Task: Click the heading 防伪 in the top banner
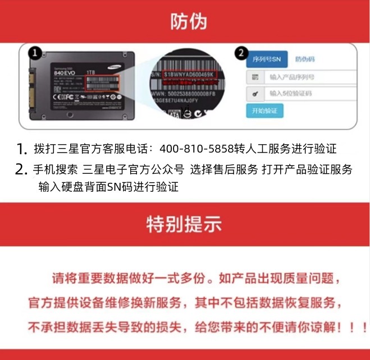[x=189, y=21]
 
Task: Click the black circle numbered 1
[x=35, y=53]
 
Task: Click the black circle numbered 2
[x=241, y=54]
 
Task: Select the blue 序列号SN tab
[x=267, y=58]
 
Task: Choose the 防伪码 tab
[x=305, y=58]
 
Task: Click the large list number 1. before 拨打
[x=21, y=150]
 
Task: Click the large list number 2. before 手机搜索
[x=21, y=169]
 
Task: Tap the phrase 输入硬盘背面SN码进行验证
[x=108, y=187]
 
